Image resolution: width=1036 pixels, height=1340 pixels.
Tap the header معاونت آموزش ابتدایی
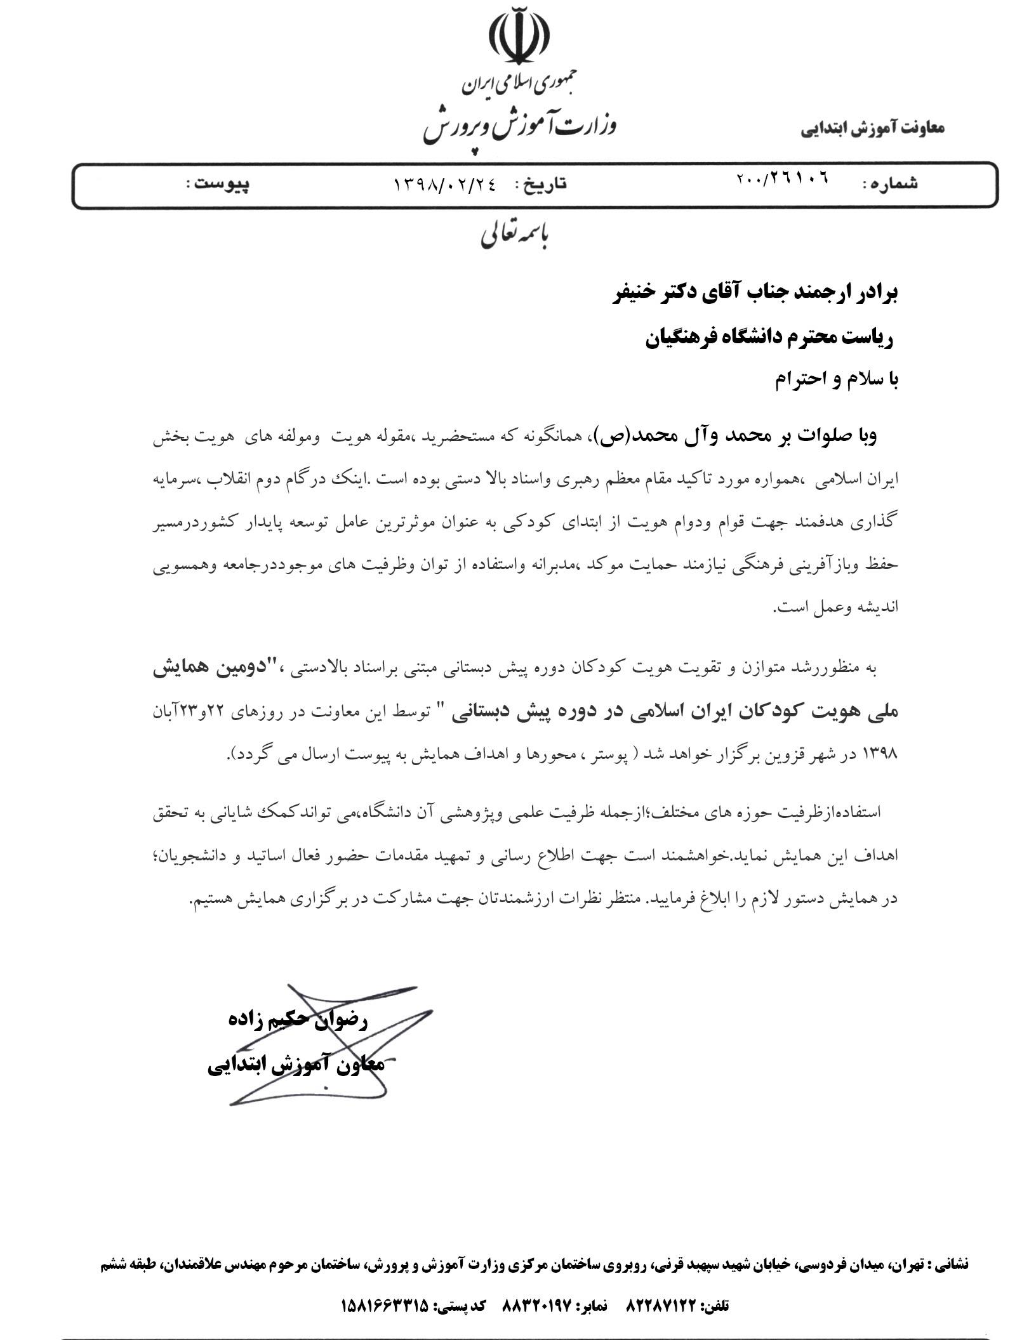click(872, 128)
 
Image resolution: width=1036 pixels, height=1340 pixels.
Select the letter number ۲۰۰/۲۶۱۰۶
click(782, 180)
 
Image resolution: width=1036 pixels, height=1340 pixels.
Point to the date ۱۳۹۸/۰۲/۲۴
click(444, 184)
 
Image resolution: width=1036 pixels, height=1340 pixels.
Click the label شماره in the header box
click(890, 184)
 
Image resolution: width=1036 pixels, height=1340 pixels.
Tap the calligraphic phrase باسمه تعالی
click(515, 235)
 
